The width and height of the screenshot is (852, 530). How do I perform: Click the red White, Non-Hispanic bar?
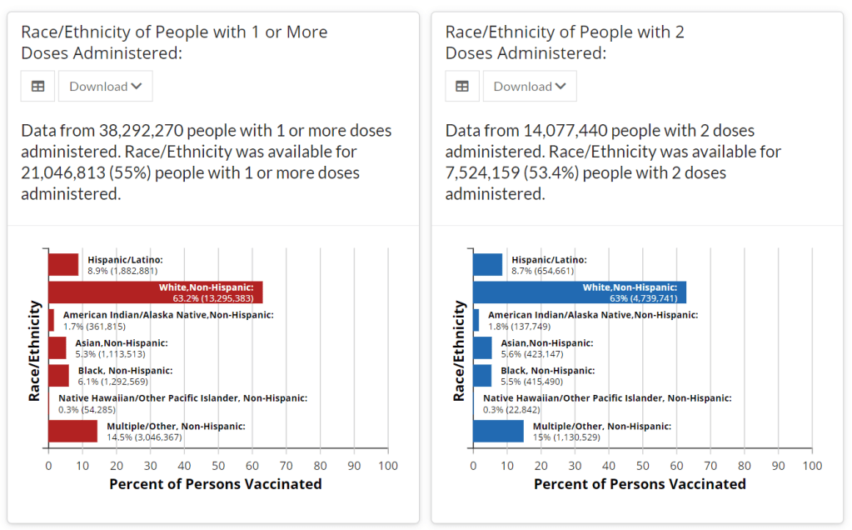tap(155, 292)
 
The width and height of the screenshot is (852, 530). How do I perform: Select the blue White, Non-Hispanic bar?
tap(579, 292)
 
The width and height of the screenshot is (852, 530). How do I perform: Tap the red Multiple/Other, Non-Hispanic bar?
tap(72, 431)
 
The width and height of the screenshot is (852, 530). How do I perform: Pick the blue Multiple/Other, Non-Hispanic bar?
tap(498, 431)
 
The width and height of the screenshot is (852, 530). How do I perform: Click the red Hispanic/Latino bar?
tap(63, 265)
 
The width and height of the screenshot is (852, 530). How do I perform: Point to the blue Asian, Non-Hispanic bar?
tap(482, 347)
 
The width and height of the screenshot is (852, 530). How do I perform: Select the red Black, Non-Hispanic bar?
tap(58, 376)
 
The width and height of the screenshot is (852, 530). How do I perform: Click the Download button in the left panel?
tap(105, 86)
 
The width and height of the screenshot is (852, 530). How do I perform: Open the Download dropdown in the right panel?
tap(530, 86)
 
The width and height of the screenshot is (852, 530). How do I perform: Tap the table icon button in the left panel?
tap(37, 86)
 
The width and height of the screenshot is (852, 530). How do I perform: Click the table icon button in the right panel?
tap(462, 86)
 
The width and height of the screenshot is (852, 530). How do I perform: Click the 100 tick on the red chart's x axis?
tap(388, 466)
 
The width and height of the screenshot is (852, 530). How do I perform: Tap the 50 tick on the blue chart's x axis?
tap(643, 466)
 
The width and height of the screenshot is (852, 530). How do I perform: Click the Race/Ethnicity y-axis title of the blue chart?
tap(459, 351)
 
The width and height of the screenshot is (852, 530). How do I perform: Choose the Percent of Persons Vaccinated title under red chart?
tap(216, 484)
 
